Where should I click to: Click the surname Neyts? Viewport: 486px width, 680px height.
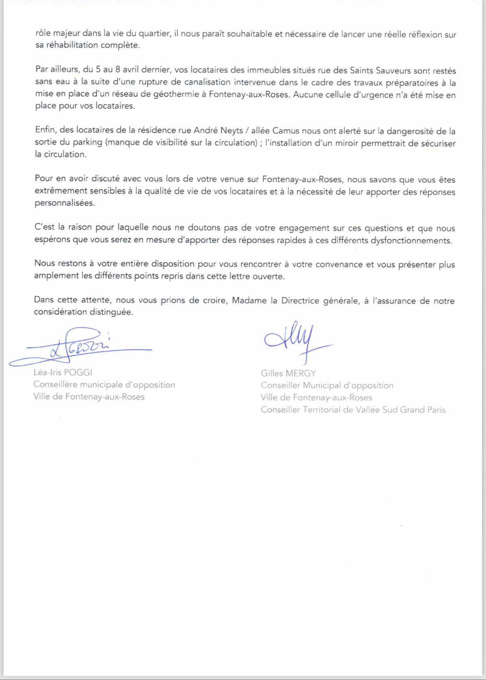click(x=232, y=131)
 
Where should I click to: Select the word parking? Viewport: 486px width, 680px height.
click(x=88, y=142)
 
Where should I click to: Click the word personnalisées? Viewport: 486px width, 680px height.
click(x=64, y=203)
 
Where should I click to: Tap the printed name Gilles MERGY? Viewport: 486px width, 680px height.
click(x=288, y=373)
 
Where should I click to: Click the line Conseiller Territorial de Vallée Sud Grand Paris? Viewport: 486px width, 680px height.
click(x=353, y=410)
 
